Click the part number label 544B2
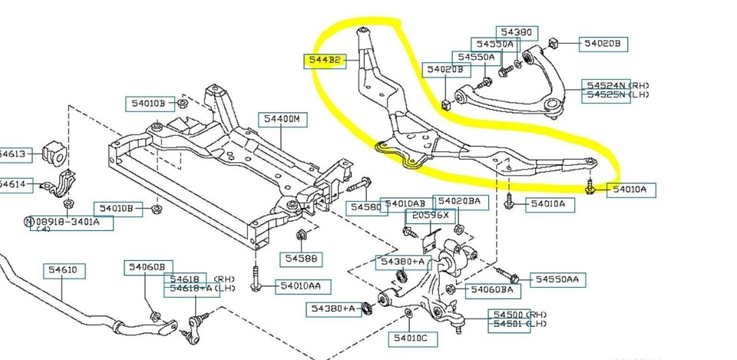click(x=325, y=59)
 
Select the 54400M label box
click(x=282, y=119)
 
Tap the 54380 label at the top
click(x=516, y=33)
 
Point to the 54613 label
click(x=13, y=154)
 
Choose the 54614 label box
click(x=13, y=185)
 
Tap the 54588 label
click(x=299, y=259)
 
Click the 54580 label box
click(x=366, y=206)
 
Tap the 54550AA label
click(x=557, y=279)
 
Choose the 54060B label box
click(x=146, y=267)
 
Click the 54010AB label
click(x=405, y=203)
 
